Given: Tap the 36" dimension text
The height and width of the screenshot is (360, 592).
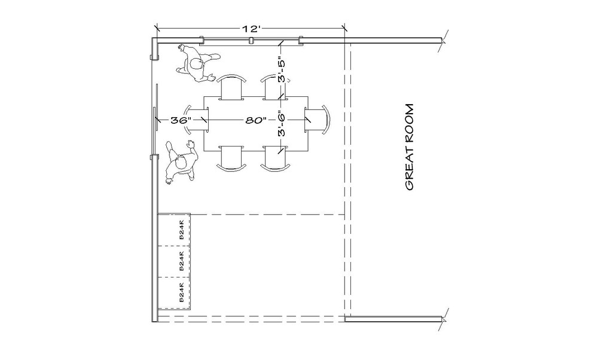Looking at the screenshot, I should [x=180, y=120].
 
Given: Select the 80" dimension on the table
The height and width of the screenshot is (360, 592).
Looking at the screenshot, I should [x=255, y=120].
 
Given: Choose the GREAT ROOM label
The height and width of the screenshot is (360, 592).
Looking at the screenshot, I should [x=410, y=148].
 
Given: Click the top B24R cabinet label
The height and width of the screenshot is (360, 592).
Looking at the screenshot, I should [x=182, y=230].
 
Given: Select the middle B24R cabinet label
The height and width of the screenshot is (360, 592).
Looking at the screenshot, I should [x=182, y=262].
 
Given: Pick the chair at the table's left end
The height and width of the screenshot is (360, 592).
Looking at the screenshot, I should [x=198, y=120].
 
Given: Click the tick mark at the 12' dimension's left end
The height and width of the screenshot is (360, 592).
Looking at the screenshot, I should [x=157, y=28].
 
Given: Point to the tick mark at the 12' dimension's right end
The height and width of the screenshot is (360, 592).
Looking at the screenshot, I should [x=344, y=28].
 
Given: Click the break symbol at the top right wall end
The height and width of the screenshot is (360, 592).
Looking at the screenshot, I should [x=443, y=41].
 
